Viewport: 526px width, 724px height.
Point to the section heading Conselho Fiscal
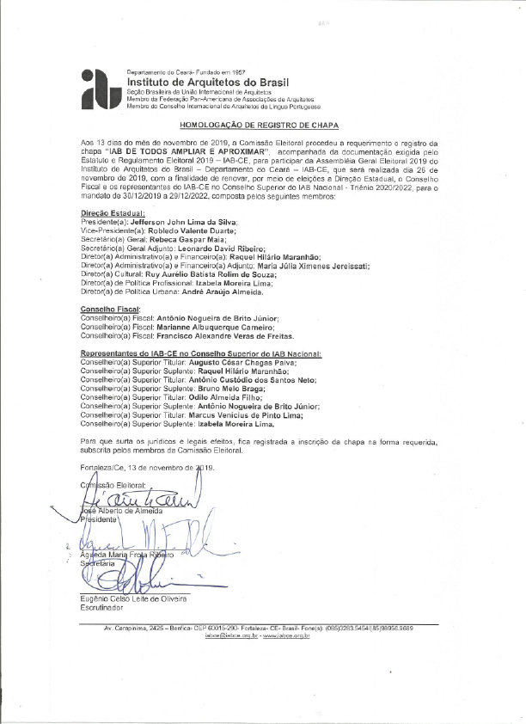(111, 308)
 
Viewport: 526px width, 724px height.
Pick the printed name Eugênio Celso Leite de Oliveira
(132, 598)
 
